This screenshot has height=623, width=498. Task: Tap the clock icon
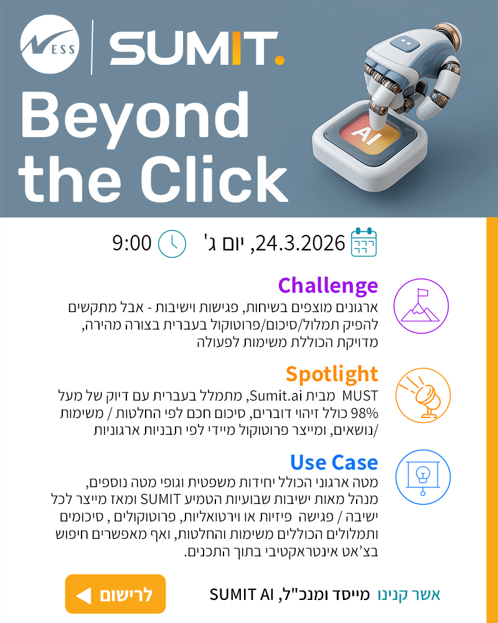pos(172,243)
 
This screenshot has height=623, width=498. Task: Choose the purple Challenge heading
pos(327,285)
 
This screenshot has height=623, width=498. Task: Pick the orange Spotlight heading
pos(332,374)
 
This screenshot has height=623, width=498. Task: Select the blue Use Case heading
pos(334,462)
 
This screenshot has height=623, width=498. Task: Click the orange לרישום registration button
pos(115,594)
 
